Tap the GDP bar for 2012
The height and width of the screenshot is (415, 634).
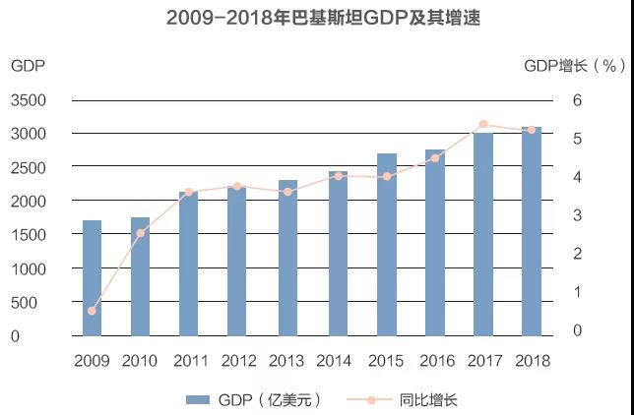pos(238,261)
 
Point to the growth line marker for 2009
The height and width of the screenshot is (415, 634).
pos(92,311)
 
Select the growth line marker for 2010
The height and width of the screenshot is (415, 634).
pos(141,233)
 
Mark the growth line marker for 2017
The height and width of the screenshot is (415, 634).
pos(483,125)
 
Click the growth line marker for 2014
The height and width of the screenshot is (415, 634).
pos(338,176)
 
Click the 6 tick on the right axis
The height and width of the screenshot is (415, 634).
pos(578,100)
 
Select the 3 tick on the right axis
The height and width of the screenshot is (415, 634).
pos(578,215)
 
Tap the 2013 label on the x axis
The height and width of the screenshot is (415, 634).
pos(286,361)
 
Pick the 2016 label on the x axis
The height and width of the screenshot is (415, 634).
pos(434,361)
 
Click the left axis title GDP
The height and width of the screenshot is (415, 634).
pos(27,66)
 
